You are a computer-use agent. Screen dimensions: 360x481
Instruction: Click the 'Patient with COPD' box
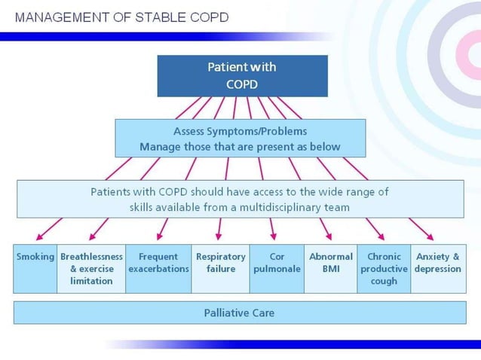tap(242, 75)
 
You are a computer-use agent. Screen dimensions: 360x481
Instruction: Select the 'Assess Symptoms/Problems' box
tap(240, 138)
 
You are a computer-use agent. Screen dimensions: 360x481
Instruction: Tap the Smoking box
tap(35, 268)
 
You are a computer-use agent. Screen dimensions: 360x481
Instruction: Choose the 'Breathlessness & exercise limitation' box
tap(91, 268)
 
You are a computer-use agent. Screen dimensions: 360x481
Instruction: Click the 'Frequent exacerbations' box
tap(158, 268)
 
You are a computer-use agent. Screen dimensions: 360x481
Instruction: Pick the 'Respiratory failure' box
tap(221, 268)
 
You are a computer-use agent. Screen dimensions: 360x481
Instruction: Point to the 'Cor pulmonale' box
tap(276, 268)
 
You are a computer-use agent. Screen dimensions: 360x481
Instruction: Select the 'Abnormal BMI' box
tap(330, 268)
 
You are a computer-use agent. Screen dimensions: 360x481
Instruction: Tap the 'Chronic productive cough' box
tap(384, 268)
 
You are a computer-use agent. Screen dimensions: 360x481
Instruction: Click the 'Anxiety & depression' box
tap(438, 268)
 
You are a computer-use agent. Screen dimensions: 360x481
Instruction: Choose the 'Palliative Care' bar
tap(239, 312)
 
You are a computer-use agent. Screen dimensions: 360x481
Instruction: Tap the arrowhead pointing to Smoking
tap(38, 236)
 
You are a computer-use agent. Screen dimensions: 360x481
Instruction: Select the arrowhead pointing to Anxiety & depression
tap(430, 236)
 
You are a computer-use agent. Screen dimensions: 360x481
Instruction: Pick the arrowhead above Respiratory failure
tap(219, 236)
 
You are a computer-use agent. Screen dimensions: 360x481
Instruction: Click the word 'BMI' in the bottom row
tap(331, 269)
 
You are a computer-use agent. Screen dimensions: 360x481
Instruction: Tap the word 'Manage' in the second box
tap(159, 146)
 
